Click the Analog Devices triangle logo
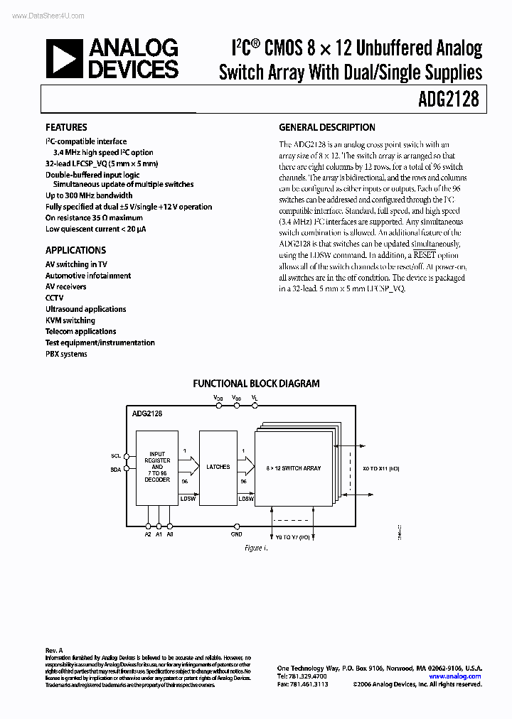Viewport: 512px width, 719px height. [x=64, y=59]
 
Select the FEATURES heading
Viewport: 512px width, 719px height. [x=66, y=127]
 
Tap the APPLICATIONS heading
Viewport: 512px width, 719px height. [x=75, y=250]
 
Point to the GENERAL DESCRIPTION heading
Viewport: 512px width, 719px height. [x=326, y=127]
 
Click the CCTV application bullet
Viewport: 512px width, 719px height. [x=55, y=298]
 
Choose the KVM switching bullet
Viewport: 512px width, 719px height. [x=70, y=320]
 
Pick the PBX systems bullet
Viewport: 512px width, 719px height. [x=66, y=354]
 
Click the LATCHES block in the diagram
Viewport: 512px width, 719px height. [x=218, y=467]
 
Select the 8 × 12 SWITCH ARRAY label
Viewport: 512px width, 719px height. [x=294, y=468]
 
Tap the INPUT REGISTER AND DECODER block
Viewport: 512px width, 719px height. [x=157, y=467]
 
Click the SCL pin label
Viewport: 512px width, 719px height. [x=116, y=455]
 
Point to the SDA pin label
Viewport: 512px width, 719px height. [x=116, y=469]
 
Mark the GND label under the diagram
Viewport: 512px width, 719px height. [x=236, y=534]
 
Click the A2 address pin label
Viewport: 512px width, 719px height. [x=147, y=534]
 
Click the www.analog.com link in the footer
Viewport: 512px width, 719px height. [x=455, y=676]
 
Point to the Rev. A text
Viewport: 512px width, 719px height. [x=54, y=650]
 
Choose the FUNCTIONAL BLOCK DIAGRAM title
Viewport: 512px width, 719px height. [x=256, y=384]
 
